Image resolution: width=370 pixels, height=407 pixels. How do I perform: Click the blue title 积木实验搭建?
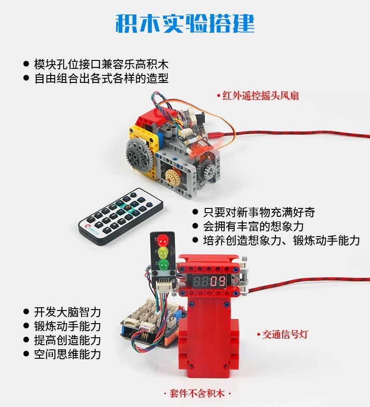pyautogui.click(x=185, y=23)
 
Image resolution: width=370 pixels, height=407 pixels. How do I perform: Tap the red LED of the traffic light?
pyautogui.click(x=162, y=240)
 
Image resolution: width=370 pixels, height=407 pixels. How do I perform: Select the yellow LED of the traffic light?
pyautogui.click(x=163, y=252)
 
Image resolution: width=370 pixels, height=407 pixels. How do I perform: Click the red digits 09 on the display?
pyautogui.click(x=218, y=281)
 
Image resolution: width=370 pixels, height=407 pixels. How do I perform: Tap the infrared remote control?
pyautogui.click(x=121, y=217)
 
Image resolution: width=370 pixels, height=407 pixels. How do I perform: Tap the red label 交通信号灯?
pyautogui.click(x=282, y=334)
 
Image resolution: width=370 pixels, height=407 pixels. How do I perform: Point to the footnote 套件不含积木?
pyautogui.click(x=197, y=393)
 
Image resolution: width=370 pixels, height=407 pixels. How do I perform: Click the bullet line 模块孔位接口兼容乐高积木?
pyautogui.click(x=101, y=64)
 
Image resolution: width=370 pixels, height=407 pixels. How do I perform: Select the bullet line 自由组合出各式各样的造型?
pyautogui.click(x=101, y=78)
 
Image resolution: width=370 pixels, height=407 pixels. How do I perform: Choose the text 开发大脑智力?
pyautogui.click(x=67, y=312)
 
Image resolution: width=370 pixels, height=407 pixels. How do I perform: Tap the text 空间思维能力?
pyautogui.click(x=67, y=354)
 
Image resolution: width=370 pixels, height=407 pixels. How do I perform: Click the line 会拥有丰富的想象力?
pyautogui.click(x=253, y=226)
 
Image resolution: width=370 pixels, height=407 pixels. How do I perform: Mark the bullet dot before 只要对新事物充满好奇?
pyautogui.click(x=195, y=212)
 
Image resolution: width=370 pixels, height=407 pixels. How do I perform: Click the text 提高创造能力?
pyautogui.click(x=67, y=340)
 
